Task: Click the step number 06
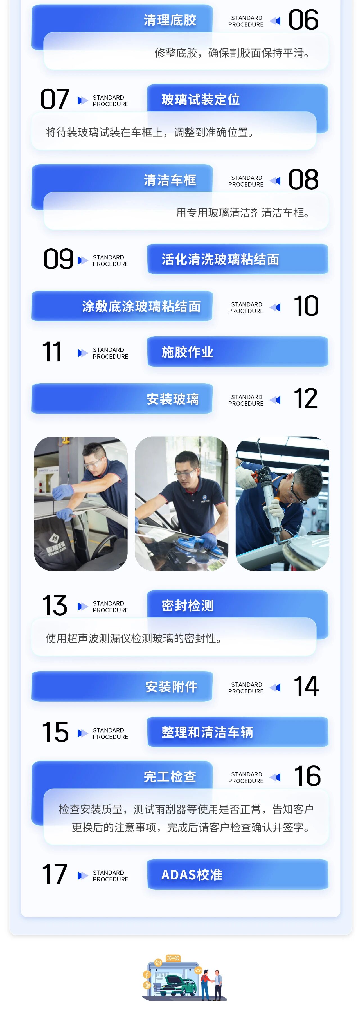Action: (303, 20)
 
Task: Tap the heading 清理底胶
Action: (170, 20)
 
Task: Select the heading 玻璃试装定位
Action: (201, 100)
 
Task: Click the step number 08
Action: (303, 180)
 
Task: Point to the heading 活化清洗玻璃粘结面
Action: (220, 260)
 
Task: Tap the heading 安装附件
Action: (171, 687)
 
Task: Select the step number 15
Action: (55, 732)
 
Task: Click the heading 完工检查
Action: (170, 777)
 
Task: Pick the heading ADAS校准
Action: (192, 875)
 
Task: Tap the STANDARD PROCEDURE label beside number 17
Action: (110, 876)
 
